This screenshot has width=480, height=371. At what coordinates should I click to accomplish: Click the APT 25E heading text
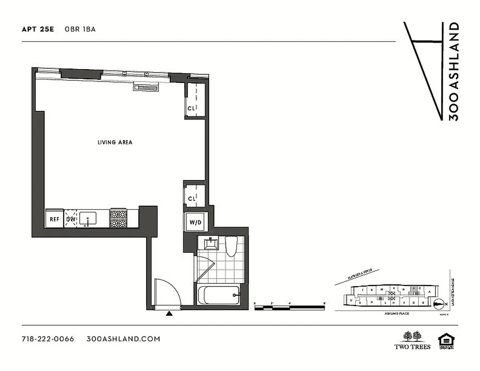coord(38,29)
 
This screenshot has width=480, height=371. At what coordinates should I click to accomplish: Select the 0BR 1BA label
coord(84,29)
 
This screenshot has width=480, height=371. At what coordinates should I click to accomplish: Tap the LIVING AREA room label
coord(115,142)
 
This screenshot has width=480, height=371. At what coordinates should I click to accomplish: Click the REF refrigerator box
coord(54,219)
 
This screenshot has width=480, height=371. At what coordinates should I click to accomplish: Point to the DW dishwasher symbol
coord(71,219)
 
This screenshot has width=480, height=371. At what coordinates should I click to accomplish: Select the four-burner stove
coord(118,218)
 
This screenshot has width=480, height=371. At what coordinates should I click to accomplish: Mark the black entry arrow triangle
coord(169,314)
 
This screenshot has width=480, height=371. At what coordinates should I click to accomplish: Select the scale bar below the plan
coord(289,306)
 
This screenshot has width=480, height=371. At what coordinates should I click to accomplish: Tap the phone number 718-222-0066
coord(48,339)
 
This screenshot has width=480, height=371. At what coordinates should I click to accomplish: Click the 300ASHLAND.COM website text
coord(123,339)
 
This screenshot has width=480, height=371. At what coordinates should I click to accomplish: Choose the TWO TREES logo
coord(412,340)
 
